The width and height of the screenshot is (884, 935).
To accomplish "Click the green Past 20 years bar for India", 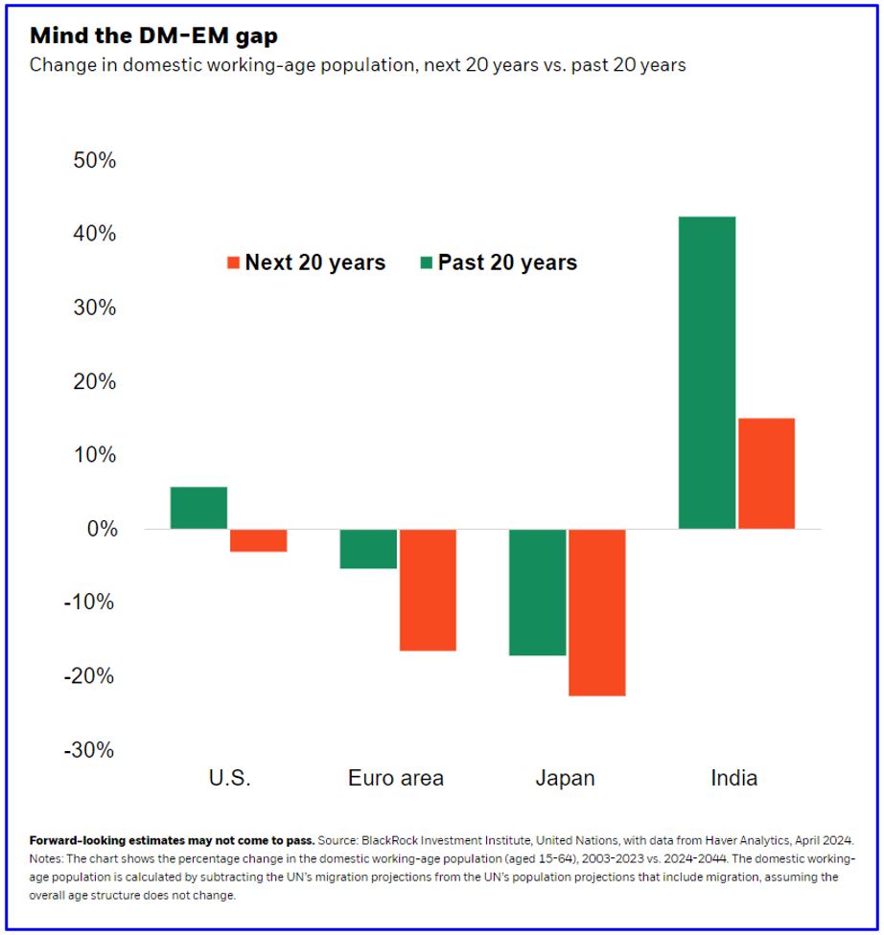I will click(x=708, y=373).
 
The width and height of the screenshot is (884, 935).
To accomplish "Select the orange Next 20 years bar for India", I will click(x=766, y=473).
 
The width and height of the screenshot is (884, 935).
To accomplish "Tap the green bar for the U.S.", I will click(x=198, y=508).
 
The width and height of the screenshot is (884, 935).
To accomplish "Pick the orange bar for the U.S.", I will click(x=258, y=540).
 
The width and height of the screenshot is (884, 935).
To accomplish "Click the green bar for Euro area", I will click(x=368, y=549).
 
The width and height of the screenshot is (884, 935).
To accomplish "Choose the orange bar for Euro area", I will click(x=428, y=589).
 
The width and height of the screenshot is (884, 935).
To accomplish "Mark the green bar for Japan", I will click(x=538, y=592).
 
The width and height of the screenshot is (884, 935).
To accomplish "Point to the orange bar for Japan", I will click(x=597, y=612).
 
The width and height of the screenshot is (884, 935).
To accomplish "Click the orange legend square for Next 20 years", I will click(x=232, y=262).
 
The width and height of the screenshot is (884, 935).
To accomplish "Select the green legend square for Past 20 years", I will click(x=426, y=262).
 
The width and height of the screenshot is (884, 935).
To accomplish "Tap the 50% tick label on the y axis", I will click(x=94, y=161).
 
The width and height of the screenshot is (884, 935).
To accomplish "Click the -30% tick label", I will click(x=90, y=750).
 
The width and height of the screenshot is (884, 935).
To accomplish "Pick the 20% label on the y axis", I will click(x=94, y=382).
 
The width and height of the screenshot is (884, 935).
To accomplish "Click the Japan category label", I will click(x=564, y=778).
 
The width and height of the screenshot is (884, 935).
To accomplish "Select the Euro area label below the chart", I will click(x=396, y=778).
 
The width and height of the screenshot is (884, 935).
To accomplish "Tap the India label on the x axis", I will click(x=734, y=778).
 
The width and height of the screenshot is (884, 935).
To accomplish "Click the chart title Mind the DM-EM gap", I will click(x=154, y=36).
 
